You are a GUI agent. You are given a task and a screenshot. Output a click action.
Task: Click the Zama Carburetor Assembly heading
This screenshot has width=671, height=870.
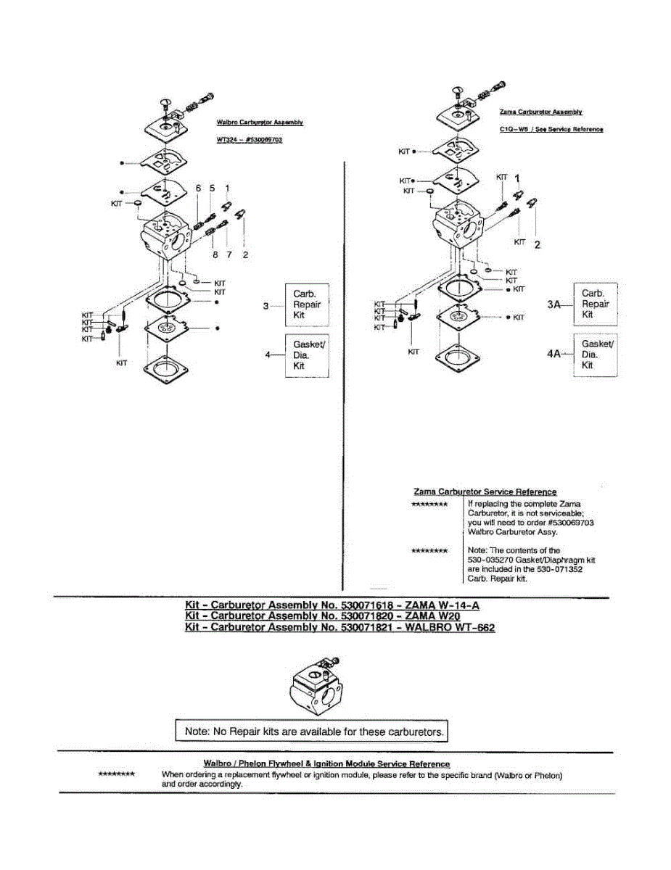pos(541,112)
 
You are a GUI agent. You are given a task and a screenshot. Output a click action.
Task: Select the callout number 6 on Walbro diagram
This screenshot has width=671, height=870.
pos(198,188)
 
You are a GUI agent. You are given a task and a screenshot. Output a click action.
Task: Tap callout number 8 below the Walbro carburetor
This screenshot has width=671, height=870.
pos(215,254)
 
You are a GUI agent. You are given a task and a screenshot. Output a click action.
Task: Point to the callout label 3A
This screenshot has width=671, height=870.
pos(555,305)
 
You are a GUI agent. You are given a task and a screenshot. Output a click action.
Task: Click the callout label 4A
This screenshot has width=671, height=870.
pos(554,355)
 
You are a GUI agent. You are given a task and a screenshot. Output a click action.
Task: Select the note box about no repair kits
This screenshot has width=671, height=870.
pos(313,732)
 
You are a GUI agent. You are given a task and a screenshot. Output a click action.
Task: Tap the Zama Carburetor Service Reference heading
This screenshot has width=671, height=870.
pos(485,492)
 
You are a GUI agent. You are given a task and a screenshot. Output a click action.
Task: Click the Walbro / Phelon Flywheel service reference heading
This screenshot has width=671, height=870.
pos(326,763)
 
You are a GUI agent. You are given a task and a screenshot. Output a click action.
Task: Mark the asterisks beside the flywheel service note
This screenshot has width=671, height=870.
pos(116,774)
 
